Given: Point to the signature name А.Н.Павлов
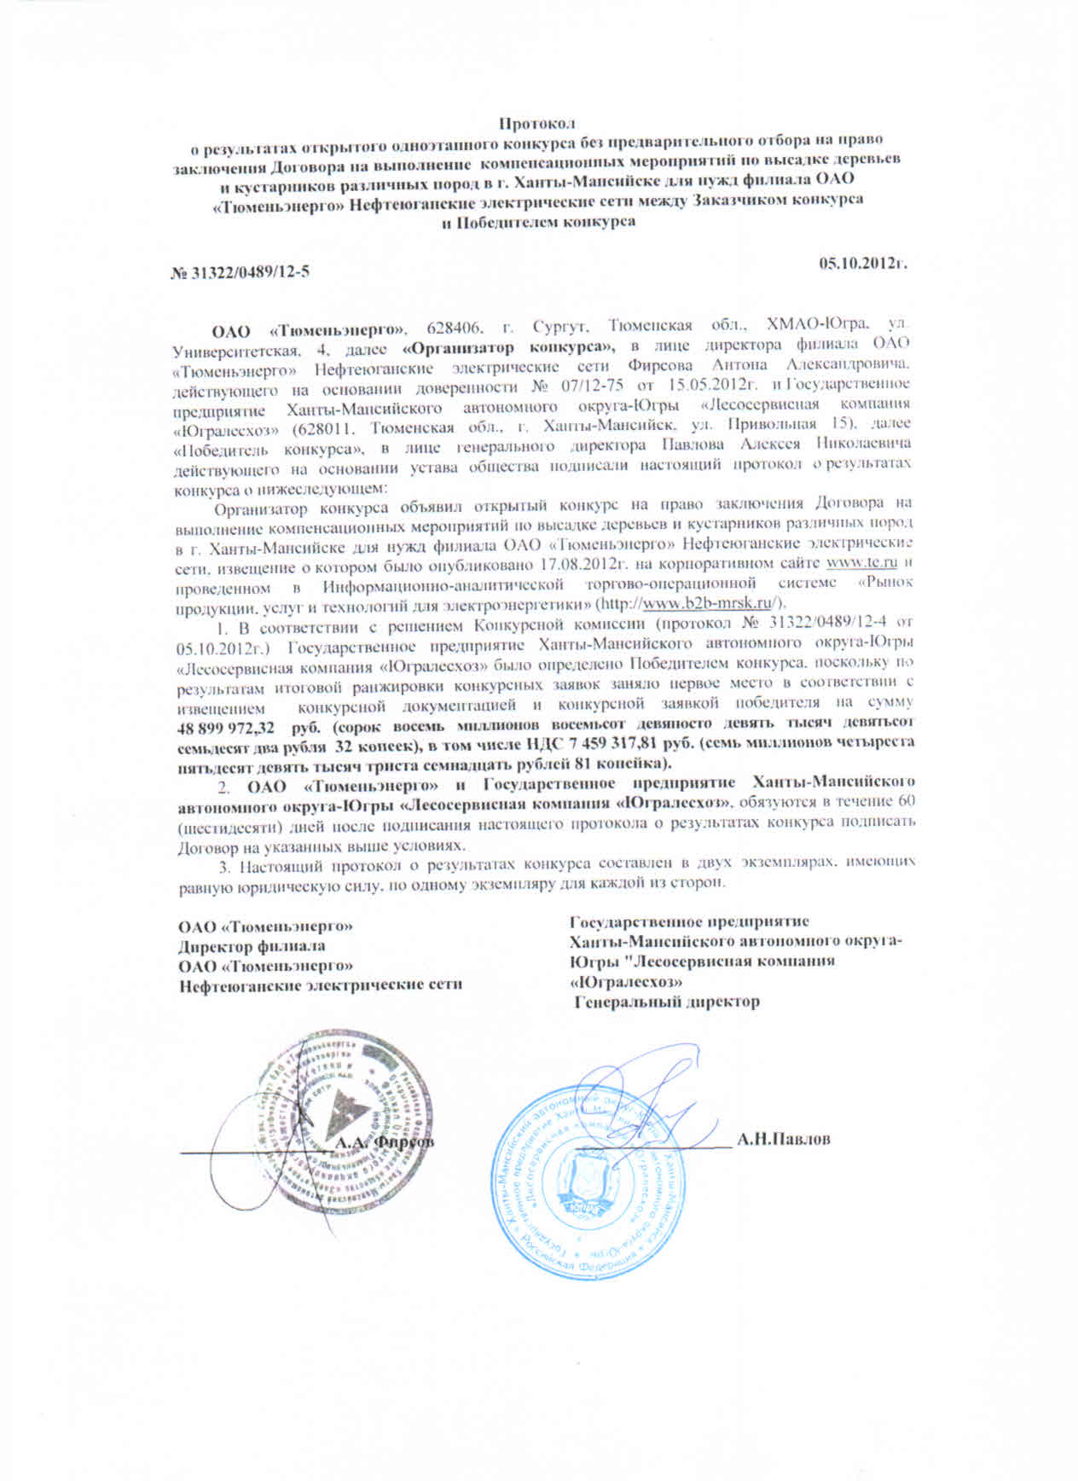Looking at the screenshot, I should [785, 1140].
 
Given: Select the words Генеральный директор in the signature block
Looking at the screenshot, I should [666, 1002].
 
